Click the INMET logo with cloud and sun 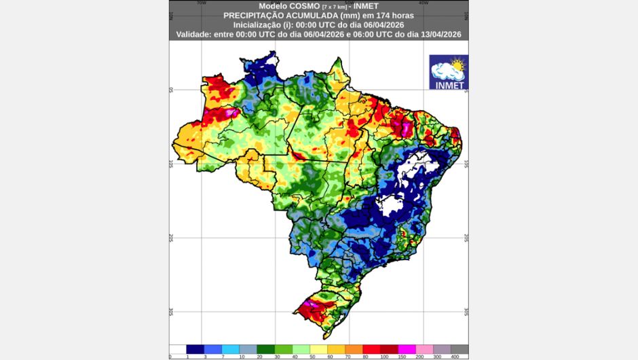pyautogui.click(x=449, y=73)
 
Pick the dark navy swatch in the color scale pyautogui.click(x=195, y=349)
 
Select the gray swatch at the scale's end pyautogui.click(x=459, y=349)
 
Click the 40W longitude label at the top pyautogui.click(x=424, y=3)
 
